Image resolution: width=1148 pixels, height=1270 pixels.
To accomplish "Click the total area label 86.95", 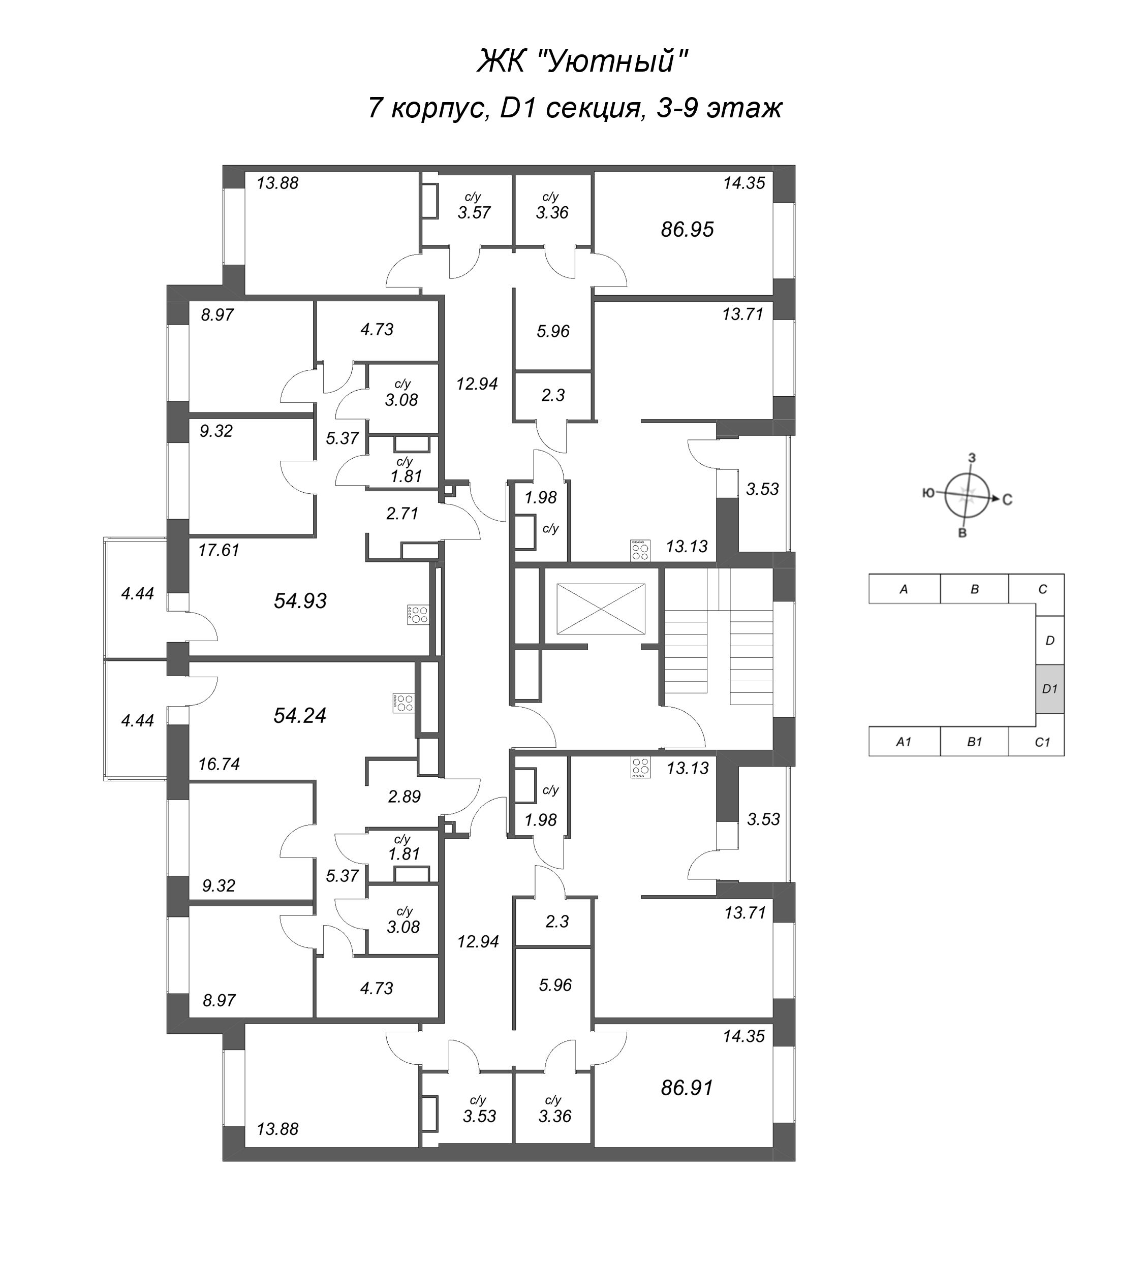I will coord(687,229).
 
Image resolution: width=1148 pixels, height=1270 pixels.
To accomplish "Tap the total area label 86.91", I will coord(687,1105).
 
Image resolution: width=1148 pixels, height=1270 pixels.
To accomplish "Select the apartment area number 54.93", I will coord(300,601).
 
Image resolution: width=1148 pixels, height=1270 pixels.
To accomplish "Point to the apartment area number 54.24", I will coord(300,716).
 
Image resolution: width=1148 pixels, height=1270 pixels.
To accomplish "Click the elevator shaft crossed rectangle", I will coord(601,609).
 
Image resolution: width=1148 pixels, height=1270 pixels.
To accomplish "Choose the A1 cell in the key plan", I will coord(904,742).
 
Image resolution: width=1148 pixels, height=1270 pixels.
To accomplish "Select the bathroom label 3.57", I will coord(474,212).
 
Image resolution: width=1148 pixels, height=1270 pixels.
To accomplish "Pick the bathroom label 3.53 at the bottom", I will coord(479,1133).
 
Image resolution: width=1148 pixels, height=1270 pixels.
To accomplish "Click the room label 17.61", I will coord(219,550).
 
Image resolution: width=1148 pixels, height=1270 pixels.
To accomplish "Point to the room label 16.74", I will coord(219,764).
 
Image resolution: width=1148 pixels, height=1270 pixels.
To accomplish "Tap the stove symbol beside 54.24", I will coord(402,703).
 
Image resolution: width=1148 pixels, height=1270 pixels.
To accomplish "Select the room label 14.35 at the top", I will coord(743,183).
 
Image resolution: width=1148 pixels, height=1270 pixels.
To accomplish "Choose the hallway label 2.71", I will coord(402,514).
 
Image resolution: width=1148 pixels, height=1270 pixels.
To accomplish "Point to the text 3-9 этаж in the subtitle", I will coord(718,108).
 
